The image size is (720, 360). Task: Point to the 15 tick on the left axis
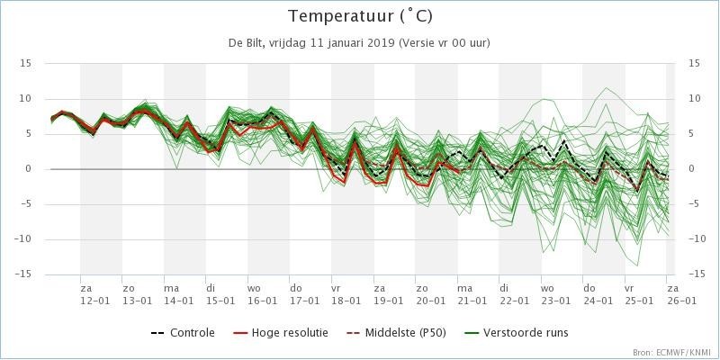coord(26,63)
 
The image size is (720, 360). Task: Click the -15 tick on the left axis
coord(24,274)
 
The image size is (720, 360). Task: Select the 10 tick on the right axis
coord(694,98)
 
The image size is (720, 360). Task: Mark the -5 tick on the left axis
coord(27,204)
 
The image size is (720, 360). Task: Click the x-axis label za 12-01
coord(94,293)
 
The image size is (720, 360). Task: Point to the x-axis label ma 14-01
coord(178,293)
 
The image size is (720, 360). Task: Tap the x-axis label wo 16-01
coord(262,293)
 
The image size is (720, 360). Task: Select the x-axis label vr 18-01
coord(346,293)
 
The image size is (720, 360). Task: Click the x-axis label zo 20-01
coord(429,293)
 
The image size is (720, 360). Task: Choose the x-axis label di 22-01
coord(513,293)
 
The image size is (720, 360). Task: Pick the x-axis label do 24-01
coord(597,293)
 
